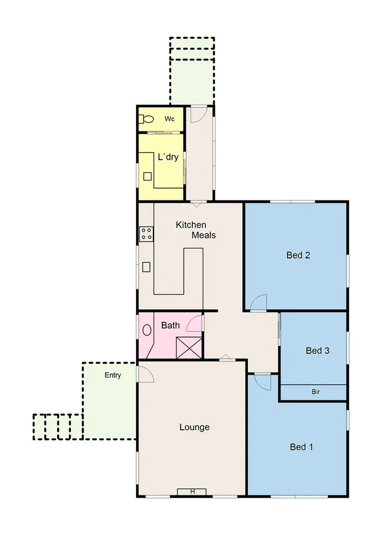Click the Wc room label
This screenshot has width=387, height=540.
pyautogui.click(x=169, y=119)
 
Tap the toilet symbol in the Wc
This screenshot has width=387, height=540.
pyautogui.click(x=147, y=119)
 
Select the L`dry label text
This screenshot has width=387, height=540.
pyautogui.click(x=170, y=157)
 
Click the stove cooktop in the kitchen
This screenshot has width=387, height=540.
pyautogui.click(x=146, y=234)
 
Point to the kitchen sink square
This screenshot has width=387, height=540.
pyautogui.click(x=146, y=267)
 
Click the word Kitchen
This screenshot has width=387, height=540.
pyautogui.click(x=191, y=225)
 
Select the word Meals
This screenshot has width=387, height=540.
pyautogui.click(x=204, y=235)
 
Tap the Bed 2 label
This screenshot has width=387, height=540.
pyautogui.click(x=299, y=255)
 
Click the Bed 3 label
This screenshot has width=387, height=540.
pyautogui.click(x=318, y=350)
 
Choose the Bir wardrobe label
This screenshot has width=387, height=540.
pyautogui.click(x=315, y=392)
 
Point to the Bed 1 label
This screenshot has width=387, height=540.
pyautogui.click(x=301, y=447)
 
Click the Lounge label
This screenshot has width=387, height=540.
pyautogui.click(x=194, y=427)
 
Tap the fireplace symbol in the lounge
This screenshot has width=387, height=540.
pyautogui.click(x=192, y=492)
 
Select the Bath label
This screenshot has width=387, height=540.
pyautogui.click(x=171, y=326)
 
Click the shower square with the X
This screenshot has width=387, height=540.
pyautogui.click(x=188, y=348)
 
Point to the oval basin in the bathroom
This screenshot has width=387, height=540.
pyautogui.click(x=147, y=329)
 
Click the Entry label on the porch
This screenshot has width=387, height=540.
pyautogui.click(x=113, y=375)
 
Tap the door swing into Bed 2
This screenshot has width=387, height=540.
pyautogui.click(x=258, y=303)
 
